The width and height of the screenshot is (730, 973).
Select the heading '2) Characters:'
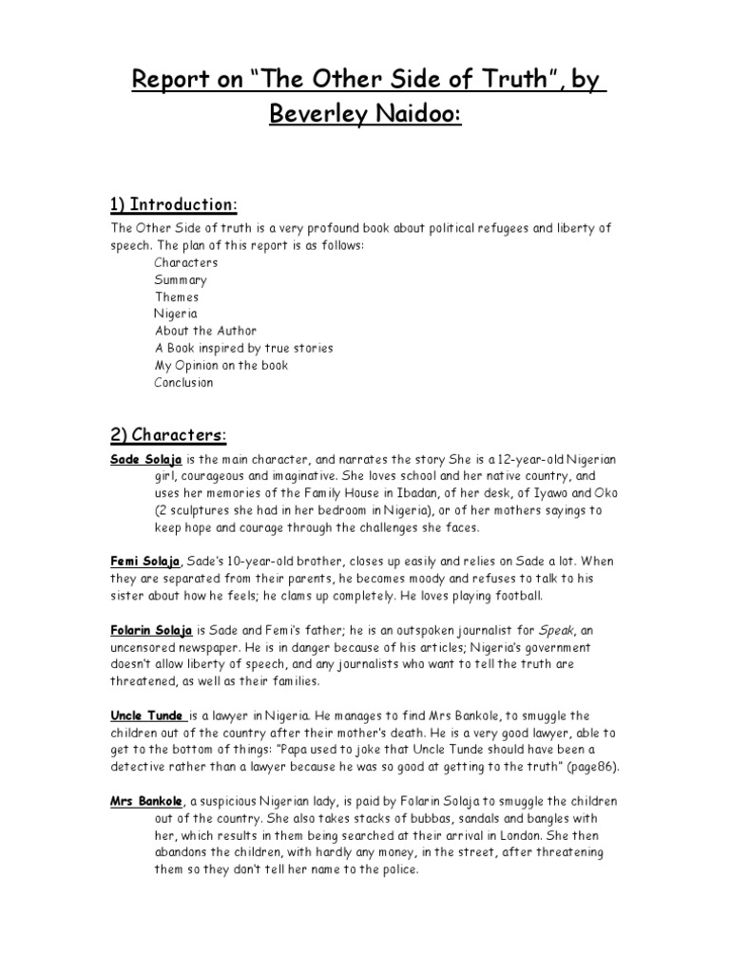point(169,435)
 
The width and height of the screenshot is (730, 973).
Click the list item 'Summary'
point(181,279)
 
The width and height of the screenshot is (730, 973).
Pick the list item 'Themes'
point(177,296)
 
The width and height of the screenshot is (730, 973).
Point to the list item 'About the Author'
point(206,331)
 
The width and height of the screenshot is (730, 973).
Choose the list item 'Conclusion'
point(184,382)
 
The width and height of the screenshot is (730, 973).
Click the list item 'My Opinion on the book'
point(221,365)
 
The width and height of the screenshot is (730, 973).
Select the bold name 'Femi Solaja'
point(145,562)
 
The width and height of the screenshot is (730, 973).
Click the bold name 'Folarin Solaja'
point(152,630)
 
